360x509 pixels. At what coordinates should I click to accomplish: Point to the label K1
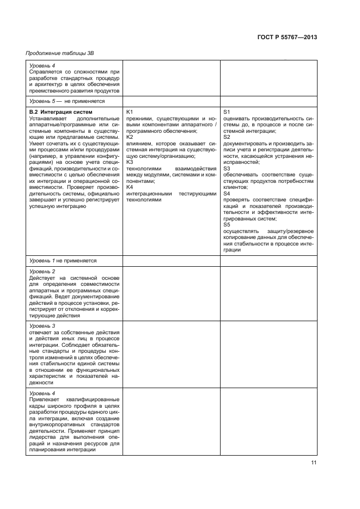(130, 112)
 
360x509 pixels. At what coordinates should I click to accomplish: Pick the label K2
(130, 137)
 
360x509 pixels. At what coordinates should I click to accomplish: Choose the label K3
(130, 162)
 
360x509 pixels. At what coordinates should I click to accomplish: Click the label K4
(130, 187)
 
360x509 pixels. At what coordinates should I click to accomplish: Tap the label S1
(227, 112)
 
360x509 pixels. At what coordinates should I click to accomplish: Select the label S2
(227, 137)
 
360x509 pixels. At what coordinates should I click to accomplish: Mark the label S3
(227, 169)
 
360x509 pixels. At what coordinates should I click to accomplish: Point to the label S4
(227, 194)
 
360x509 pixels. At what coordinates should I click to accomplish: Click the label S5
(227, 225)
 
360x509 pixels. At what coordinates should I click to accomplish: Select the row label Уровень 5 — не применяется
(66, 101)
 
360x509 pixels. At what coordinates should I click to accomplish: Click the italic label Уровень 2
(42, 271)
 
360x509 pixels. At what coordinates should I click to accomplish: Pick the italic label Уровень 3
(42, 326)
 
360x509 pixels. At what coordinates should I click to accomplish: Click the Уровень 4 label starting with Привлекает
(42, 393)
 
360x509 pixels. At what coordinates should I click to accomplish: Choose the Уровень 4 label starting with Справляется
(42, 65)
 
